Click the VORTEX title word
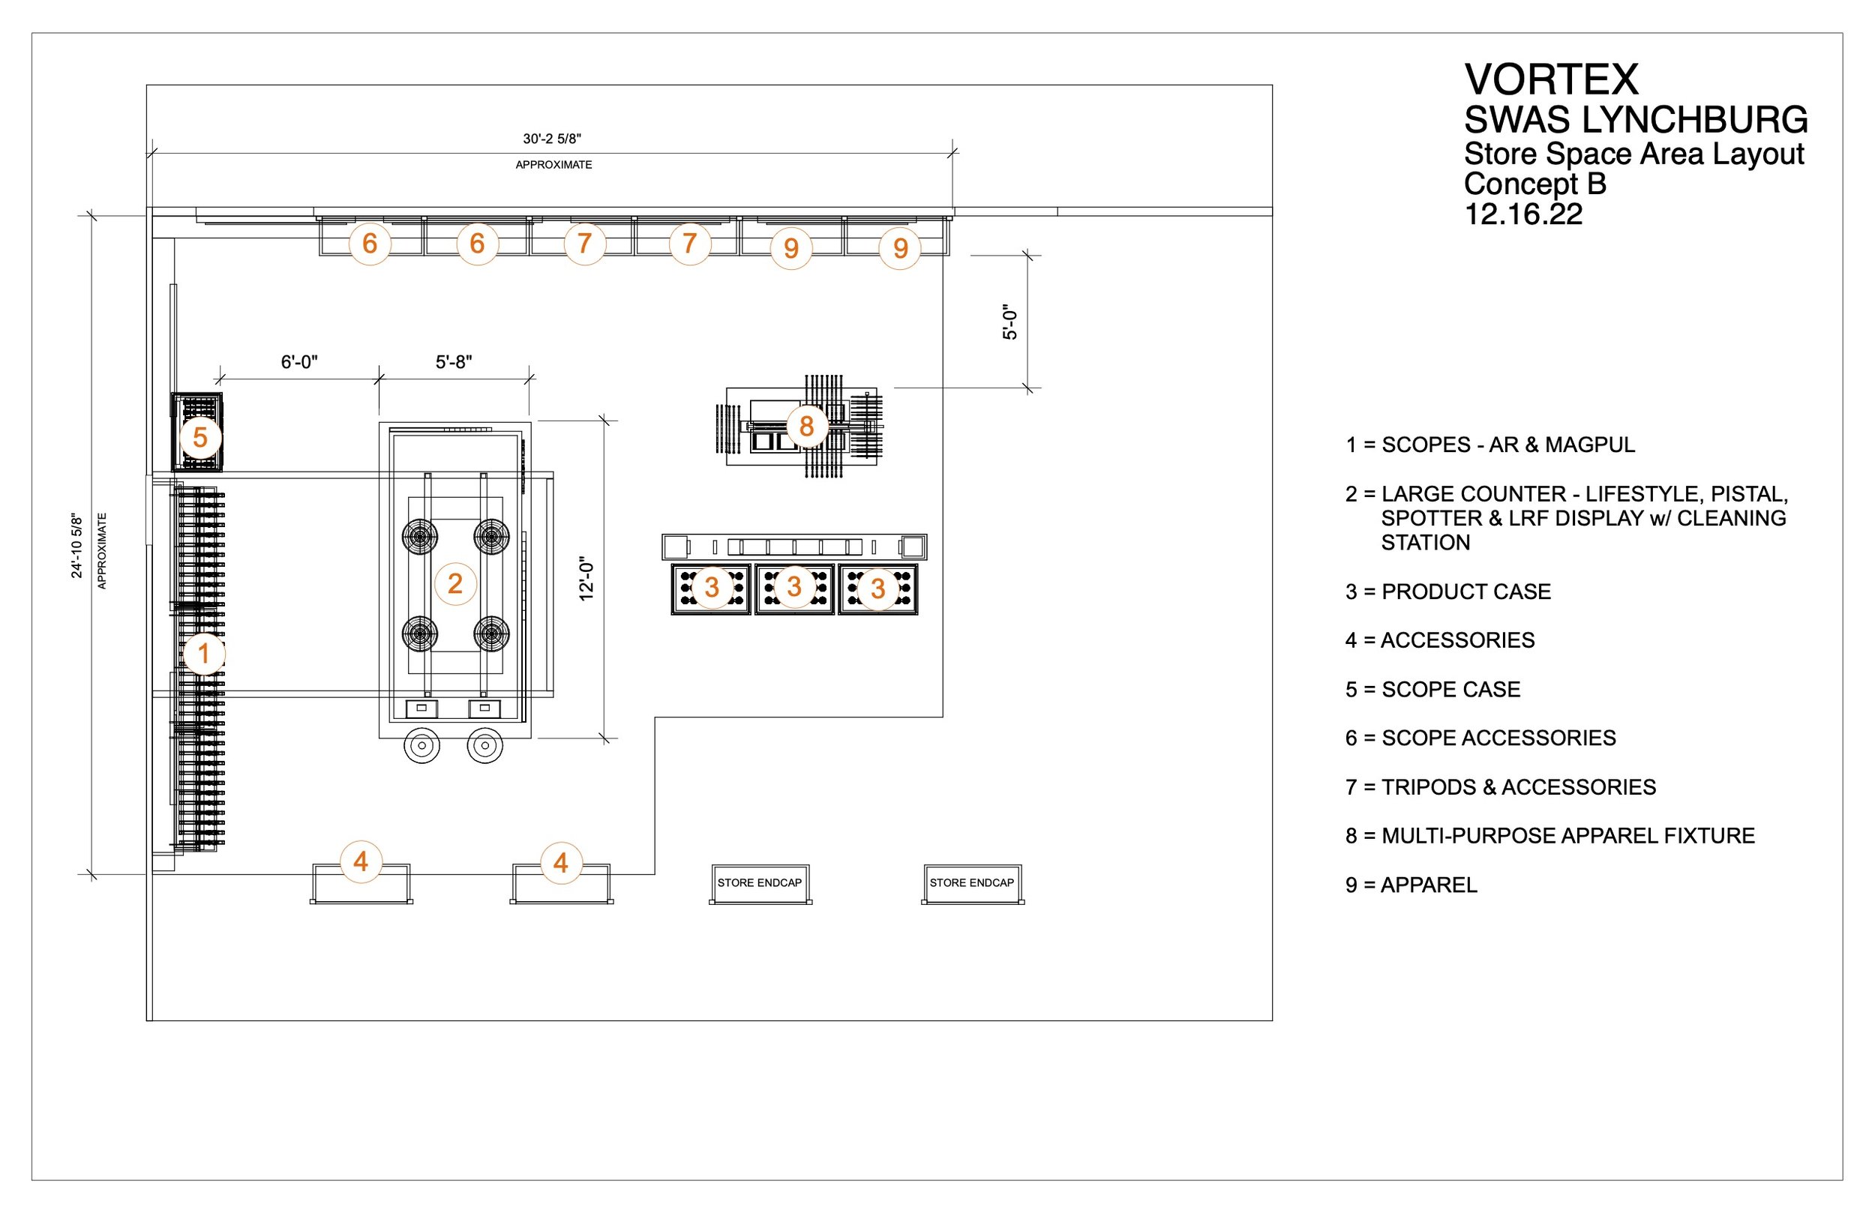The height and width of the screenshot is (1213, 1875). click(x=1550, y=79)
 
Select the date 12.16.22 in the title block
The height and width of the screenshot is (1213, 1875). click(x=1522, y=214)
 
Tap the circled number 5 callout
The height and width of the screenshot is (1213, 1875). click(x=200, y=437)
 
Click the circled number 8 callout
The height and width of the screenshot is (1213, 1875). click(x=806, y=426)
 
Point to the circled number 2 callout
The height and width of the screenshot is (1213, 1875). click(x=454, y=584)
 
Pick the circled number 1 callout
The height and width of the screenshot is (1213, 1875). click(x=204, y=653)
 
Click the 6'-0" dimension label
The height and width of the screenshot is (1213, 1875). click(x=298, y=362)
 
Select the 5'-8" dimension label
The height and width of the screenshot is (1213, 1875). click(x=453, y=362)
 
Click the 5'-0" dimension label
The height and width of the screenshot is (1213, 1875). click(x=1010, y=322)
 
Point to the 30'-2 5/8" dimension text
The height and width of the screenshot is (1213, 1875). click(x=552, y=139)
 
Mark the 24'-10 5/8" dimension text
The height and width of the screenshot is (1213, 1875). click(x=77, y=547)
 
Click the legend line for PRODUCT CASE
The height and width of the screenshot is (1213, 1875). click(x=1448, y=592)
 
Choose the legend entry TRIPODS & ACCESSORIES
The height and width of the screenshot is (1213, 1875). click(x=1500, y=787)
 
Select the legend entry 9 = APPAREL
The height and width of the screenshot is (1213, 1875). click(x=1411, y=885)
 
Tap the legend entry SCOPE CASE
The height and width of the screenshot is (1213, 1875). click(x=1432, y=689)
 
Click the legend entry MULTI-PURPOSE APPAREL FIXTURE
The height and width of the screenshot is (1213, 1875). click(x=1549, y=836)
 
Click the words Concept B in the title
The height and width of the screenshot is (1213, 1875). click(x=1534, y=184)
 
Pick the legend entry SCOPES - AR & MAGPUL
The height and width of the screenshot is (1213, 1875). click(x=1489, y=445)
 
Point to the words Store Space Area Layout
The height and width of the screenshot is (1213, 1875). click(x=1633, y=154)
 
